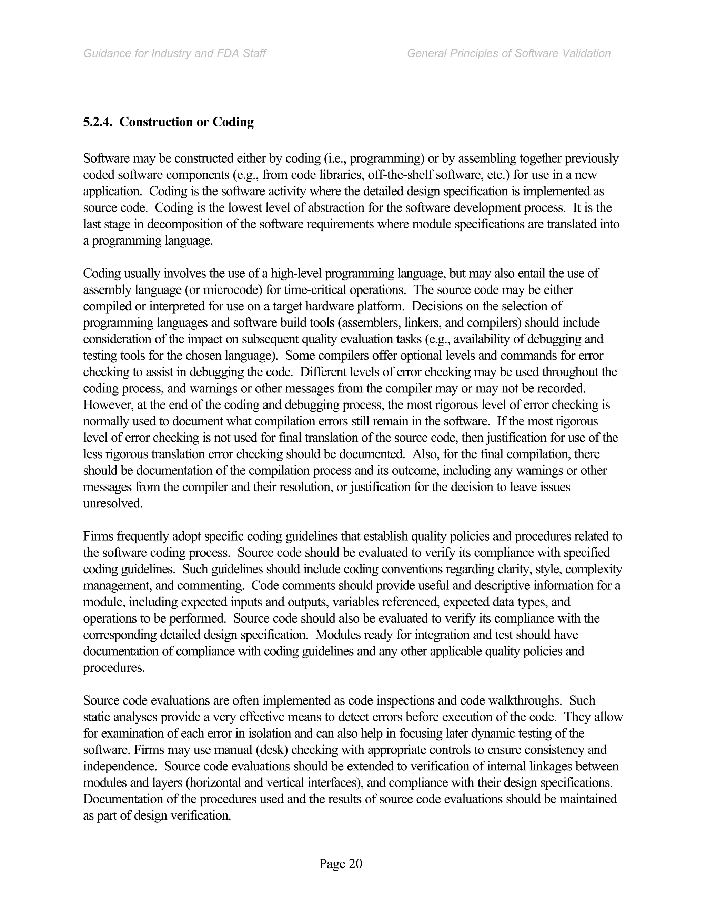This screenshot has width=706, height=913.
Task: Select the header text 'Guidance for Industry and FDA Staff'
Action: (175, 53)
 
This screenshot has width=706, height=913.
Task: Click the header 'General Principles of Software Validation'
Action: (508, 53)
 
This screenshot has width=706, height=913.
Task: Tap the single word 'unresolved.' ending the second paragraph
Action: (113, 503)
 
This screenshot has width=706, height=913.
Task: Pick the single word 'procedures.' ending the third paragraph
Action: (114, 668)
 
